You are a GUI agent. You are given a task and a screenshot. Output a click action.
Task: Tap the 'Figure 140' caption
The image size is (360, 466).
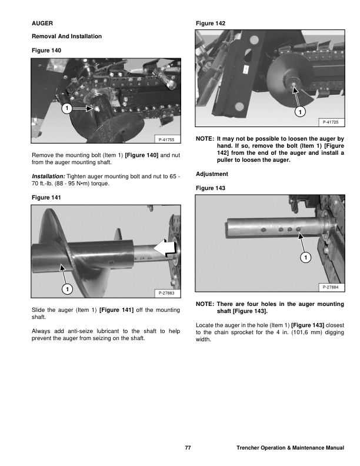pyautogui.click(x=45, y=51)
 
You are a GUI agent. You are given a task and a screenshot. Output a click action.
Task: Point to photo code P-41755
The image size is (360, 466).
pyautogui.click(x=168, y=139)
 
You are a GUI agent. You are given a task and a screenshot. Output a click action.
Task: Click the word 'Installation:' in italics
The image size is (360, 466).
pyautogui.click(x=48, y=177)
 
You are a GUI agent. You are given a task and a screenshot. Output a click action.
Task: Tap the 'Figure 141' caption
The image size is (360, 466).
pyautogui.click(x=45, y=198)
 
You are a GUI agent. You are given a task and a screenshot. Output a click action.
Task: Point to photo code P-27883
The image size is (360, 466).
pyautogui.click(x=168, y=292)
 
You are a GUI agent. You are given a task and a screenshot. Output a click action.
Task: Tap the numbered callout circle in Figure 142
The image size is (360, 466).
pyautogui.click(x=301, y=111)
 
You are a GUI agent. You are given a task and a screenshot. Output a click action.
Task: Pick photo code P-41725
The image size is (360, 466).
pyautogui.click(x=332, y=122)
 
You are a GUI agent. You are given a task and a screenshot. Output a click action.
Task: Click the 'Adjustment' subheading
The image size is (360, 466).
pyautogui.click(x=212, y=174)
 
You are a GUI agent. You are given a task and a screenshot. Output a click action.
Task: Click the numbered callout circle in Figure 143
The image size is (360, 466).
pyautogui.click(x=305, y=258)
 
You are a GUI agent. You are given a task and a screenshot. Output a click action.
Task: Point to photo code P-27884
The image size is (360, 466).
pyautogui.click(x=332, y=287)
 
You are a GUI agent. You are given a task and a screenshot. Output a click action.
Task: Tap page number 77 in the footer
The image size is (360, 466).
pyautogui.click(x=188, y=448)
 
